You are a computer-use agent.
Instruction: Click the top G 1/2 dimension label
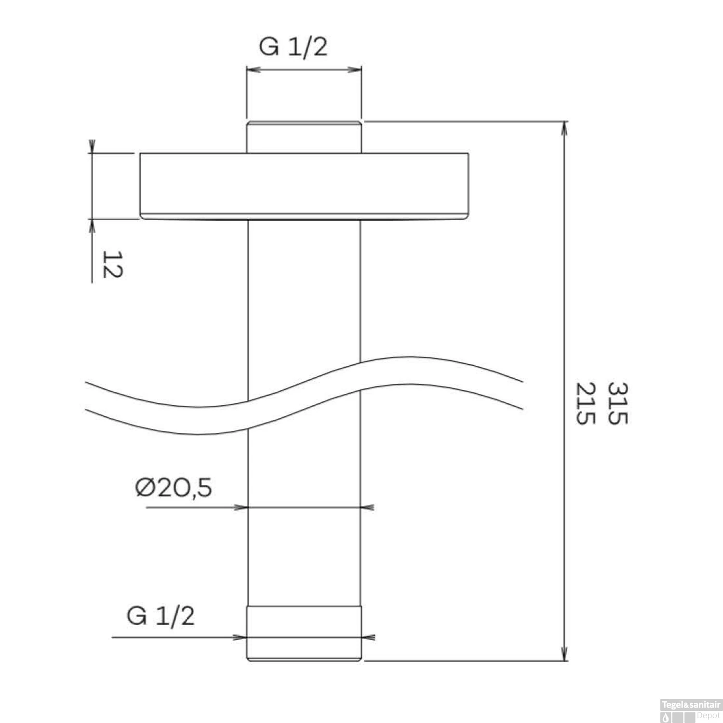click(x=293, y=47)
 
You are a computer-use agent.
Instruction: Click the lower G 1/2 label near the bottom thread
click(x=161, y=616)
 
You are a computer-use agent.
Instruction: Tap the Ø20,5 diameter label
click(x=174, y=488)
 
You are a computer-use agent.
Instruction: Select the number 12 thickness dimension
click(x=112, y=264)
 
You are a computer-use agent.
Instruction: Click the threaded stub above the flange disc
click(x=304, y=137)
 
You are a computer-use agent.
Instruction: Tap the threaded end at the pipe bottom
click(x=304, y=633)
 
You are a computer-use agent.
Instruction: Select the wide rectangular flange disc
click(x=304, y=185)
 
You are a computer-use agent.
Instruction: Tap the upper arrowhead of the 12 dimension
click(x=92, y=147)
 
